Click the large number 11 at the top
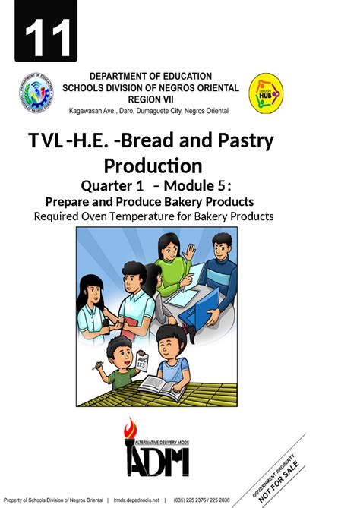click(49, 34)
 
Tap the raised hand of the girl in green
click(190, 251)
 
